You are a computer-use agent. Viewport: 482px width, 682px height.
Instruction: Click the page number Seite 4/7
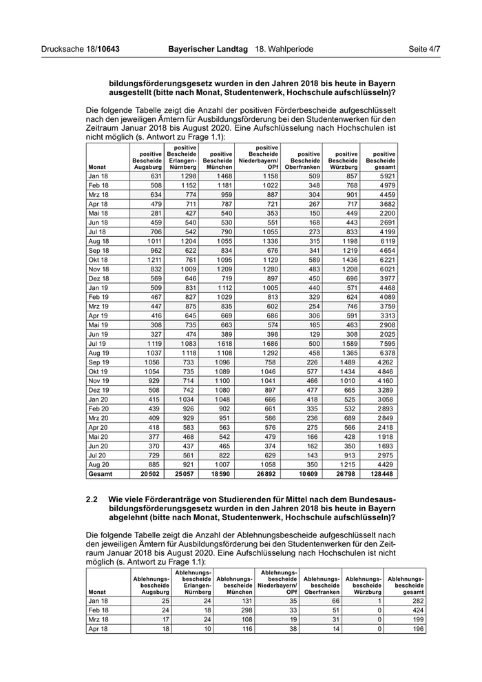(424, 50)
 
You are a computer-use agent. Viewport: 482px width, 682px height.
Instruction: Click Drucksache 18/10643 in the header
(81, 50)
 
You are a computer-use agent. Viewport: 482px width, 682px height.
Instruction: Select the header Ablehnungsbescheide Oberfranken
(322, 585)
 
